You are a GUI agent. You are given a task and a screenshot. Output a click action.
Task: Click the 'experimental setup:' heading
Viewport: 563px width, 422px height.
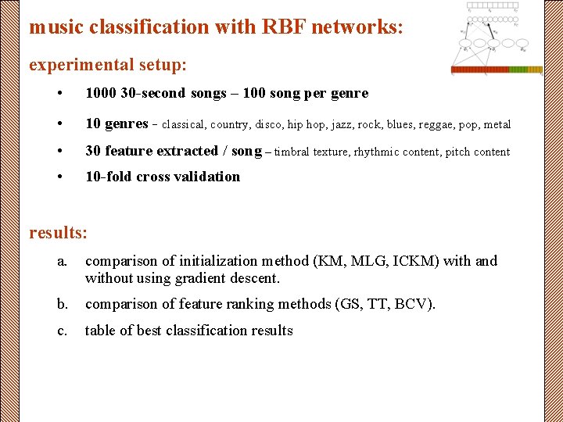[x=107, y=63]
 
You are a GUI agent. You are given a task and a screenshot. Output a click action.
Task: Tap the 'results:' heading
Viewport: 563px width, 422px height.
[x=58, y=232]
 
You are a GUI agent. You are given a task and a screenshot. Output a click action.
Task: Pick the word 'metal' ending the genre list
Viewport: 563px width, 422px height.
[x=497, y=124]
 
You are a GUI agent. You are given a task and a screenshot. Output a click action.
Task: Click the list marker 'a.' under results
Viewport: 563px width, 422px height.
[x=63, y=261]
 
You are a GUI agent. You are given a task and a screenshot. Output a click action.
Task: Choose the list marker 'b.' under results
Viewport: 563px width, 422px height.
[x=63, y=304]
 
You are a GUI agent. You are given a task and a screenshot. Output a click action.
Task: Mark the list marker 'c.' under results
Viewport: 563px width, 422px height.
[x=63, y=331]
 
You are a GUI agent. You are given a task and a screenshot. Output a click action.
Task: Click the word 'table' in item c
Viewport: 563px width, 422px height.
[x=101, y=331]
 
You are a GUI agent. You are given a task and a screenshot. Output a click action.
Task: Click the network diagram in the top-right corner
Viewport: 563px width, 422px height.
[x=496, y=38]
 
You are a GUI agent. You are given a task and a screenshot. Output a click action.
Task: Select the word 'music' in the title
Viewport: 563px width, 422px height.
[x=56, y=27]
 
